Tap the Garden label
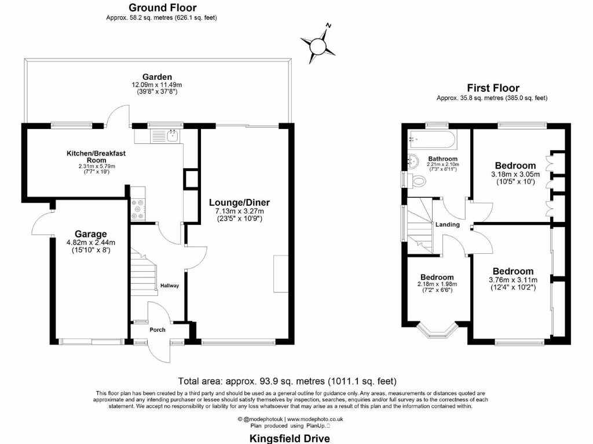tap(157, 77)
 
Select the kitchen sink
tap(172, 136)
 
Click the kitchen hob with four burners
tap(138, 209)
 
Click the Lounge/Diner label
tap(240, 202)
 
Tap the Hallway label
tap(170, 286)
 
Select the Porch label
tap(158, 330)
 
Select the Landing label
tap(448, 224)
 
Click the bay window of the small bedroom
tap(437, 332)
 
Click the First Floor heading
tap(493, 88)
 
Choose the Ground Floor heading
tap(162, 8)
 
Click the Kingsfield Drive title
tap(289, 438)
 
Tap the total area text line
tap(287, 381)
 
